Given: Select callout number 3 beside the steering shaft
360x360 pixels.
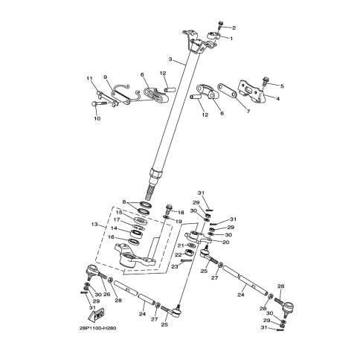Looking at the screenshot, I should [x=170, y=59].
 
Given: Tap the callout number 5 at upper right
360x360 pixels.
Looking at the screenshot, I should [x=281, y=86].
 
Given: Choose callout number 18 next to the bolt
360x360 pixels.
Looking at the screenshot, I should [x=180, y=213].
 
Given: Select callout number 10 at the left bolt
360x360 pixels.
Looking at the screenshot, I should [x=96, y=118].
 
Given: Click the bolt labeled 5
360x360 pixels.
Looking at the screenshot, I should [x=267, y=84].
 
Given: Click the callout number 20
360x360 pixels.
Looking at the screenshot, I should [x=226, y=242].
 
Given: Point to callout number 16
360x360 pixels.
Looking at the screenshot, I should [x=112, y=237].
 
